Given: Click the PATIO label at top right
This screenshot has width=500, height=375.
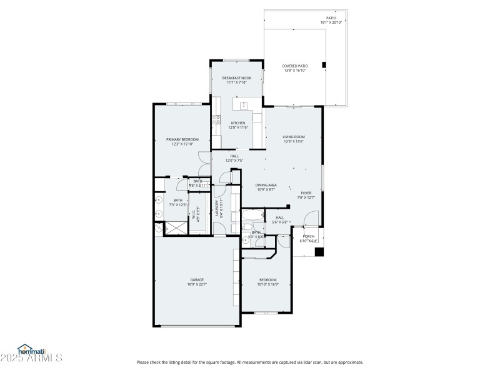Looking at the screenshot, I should (x=331, y=18).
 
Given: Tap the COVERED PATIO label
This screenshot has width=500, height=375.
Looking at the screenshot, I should (x=296, y=66).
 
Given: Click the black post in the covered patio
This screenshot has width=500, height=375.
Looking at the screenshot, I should (x=324, y=64).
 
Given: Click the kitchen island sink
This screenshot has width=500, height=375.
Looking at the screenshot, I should (x=243, y=104).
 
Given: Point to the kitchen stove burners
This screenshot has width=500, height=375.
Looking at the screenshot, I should (x=216, y=119).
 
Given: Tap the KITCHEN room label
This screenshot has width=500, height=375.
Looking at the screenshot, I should (x=239, y=123).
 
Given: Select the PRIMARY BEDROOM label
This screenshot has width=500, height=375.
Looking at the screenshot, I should (x=182, y=139).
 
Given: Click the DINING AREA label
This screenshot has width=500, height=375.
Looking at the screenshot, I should (x=266, y=186).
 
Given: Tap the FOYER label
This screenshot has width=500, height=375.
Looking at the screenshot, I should (x=306, y=193).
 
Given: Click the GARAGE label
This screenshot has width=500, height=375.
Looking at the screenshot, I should (x=197, y=279).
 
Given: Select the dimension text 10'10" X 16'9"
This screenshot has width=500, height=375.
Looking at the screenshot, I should (x=267, y=284).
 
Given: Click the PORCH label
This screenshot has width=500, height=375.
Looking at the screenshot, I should (x=308, y=236).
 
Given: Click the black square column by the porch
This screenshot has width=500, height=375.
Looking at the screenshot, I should (x=319, y=252).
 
